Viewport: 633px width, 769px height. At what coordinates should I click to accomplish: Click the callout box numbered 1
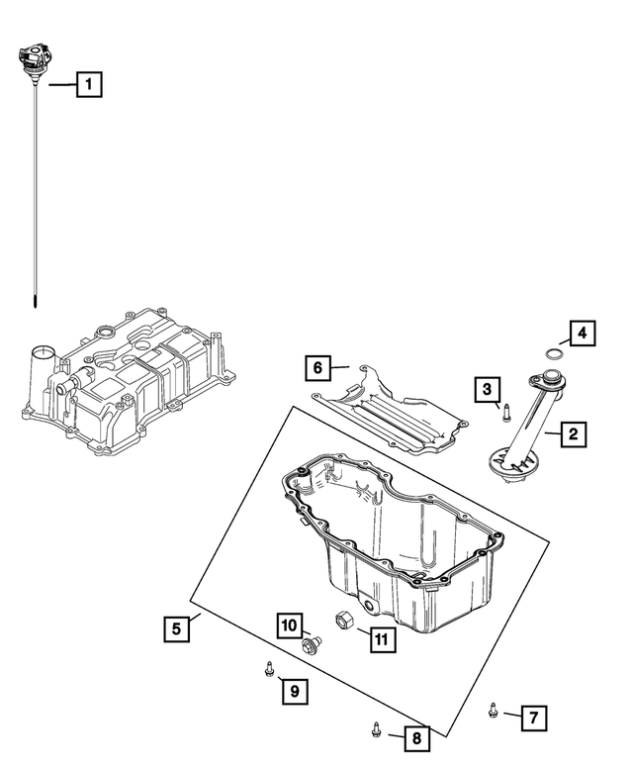click(90, 85)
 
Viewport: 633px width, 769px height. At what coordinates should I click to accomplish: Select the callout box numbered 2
click(573, 432)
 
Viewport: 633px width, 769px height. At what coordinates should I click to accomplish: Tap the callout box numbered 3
click(487, 390)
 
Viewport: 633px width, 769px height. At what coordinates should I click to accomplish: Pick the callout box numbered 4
click(583, 334)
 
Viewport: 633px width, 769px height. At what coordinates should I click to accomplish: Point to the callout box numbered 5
click(175, 627)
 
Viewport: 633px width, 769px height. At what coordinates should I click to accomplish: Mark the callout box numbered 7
click(532, 716)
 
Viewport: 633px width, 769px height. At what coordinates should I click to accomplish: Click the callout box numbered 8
click(415, 736)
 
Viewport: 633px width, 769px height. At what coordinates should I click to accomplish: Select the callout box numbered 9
click(294, 691)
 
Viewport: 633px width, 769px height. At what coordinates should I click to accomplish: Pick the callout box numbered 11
click(381, 639)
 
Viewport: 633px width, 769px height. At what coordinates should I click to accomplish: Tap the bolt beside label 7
click(494, 709)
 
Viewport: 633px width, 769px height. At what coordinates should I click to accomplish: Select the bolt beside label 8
click(376, 728)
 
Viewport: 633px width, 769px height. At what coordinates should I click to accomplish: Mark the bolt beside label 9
click(268, 670)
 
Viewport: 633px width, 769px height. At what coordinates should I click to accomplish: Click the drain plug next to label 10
click(310, 646)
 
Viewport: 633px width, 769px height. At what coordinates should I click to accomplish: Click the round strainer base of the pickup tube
click(511, 463)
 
